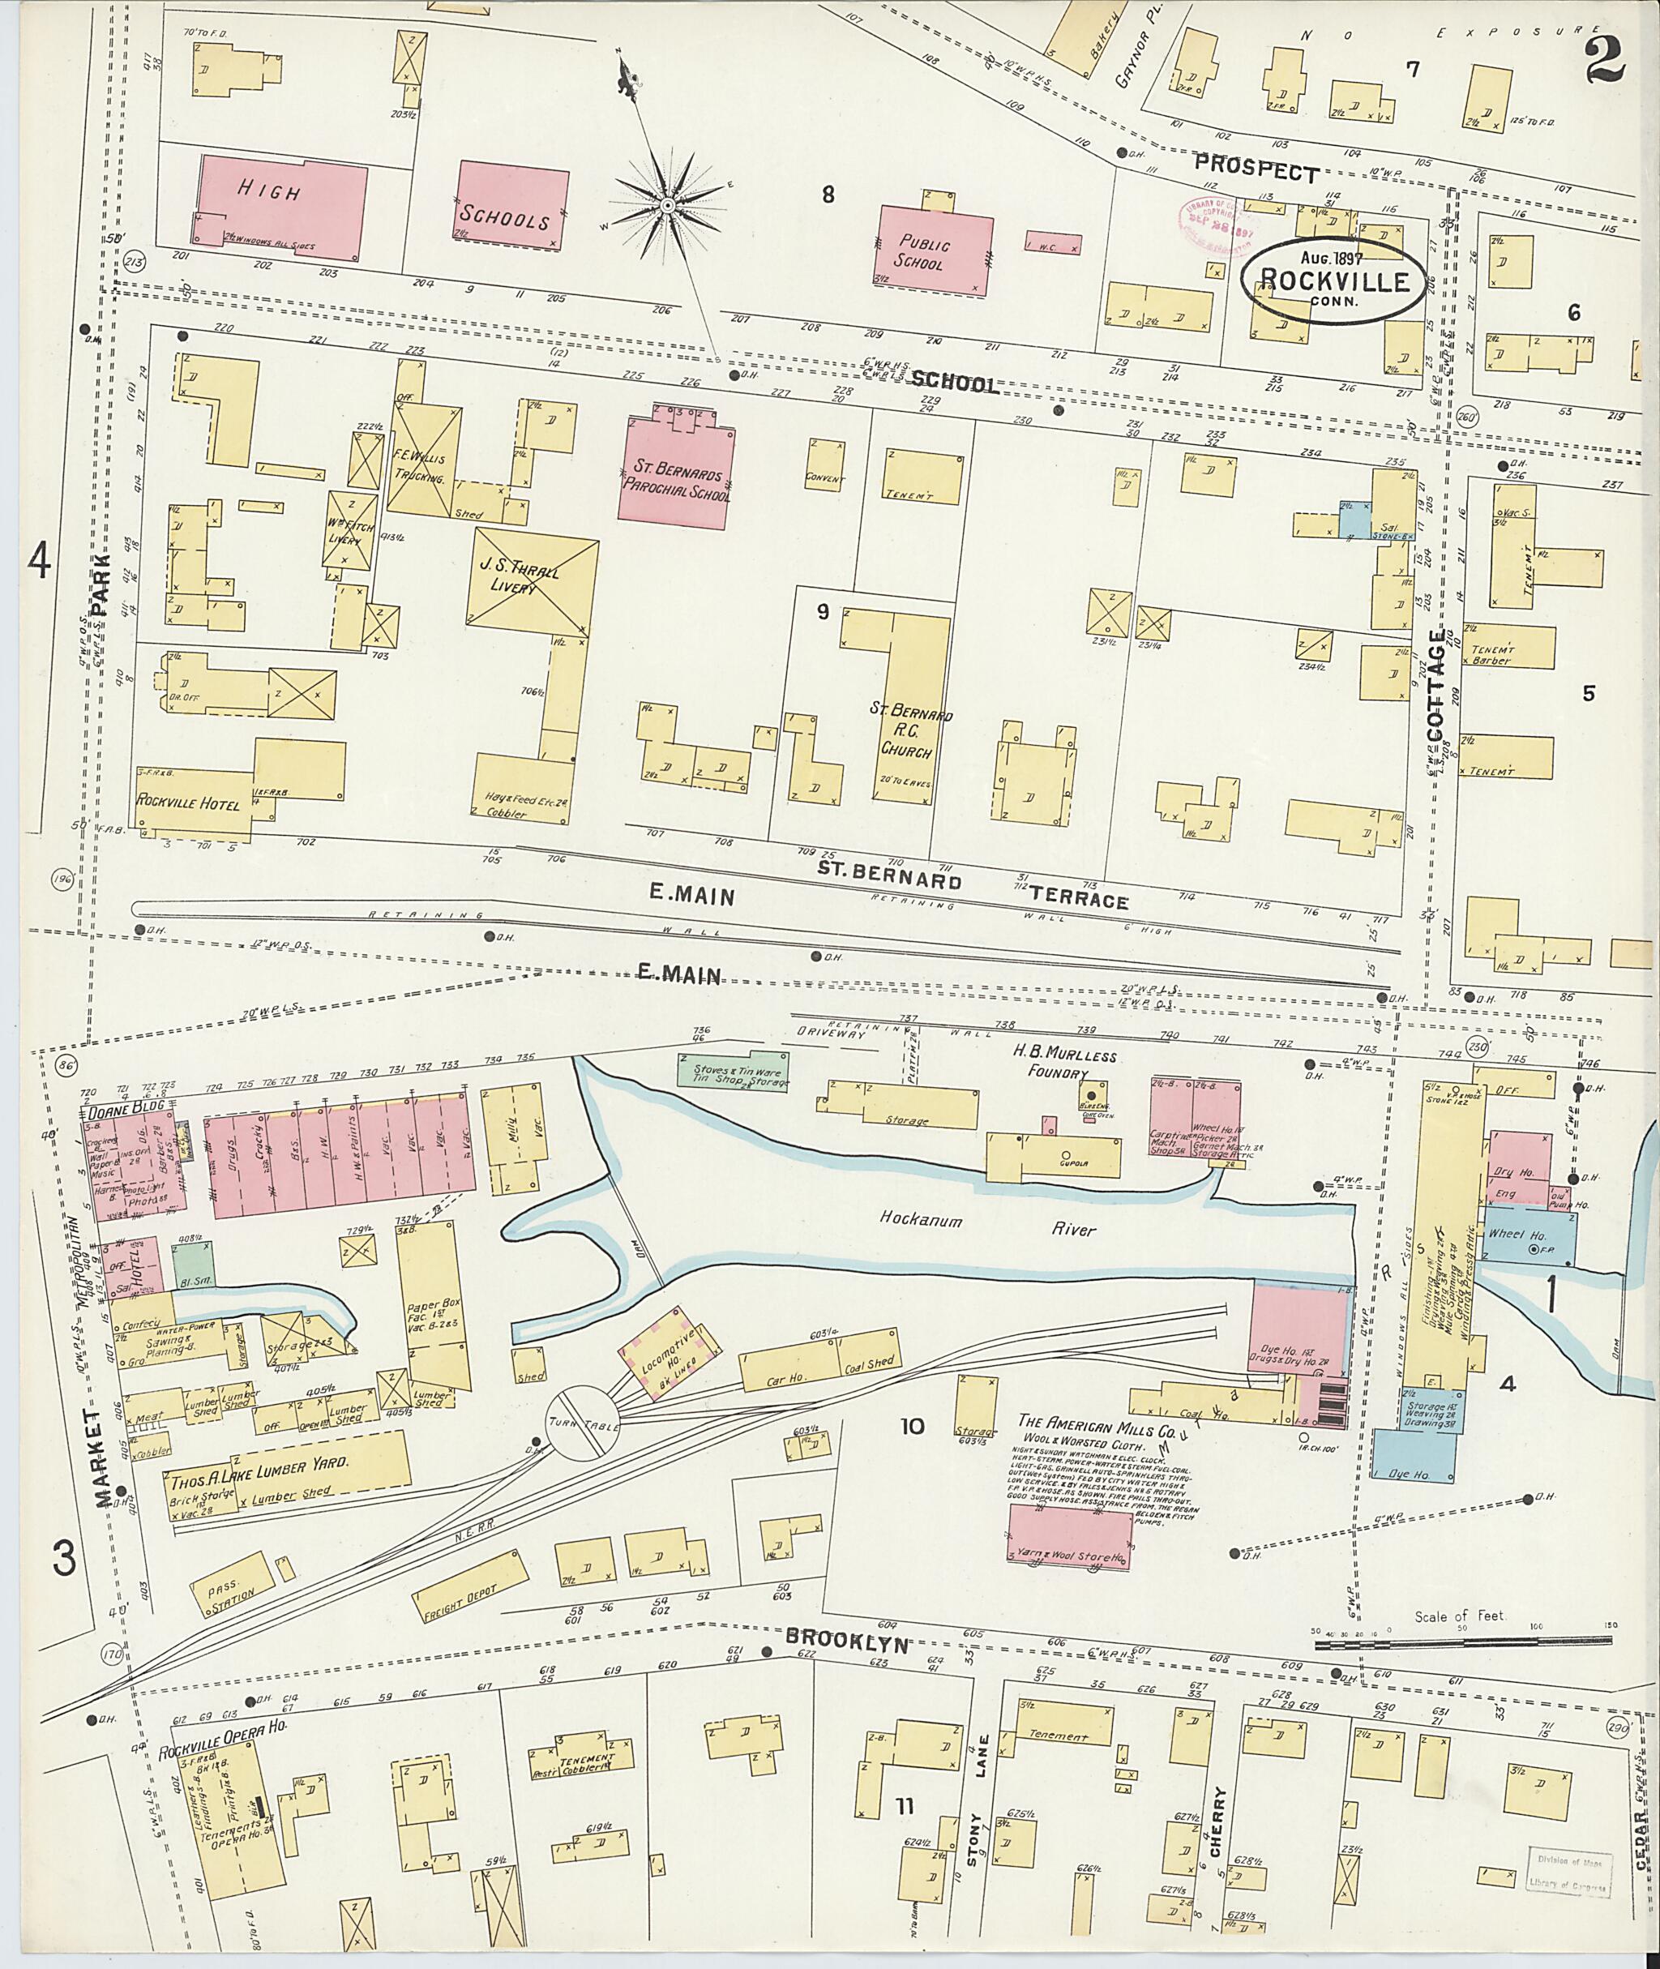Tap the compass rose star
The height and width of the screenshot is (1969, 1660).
(x=666, y=205)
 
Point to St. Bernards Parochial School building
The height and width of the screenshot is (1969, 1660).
(x=677, y=468)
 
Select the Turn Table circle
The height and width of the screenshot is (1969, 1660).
(x=583, y=1422)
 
